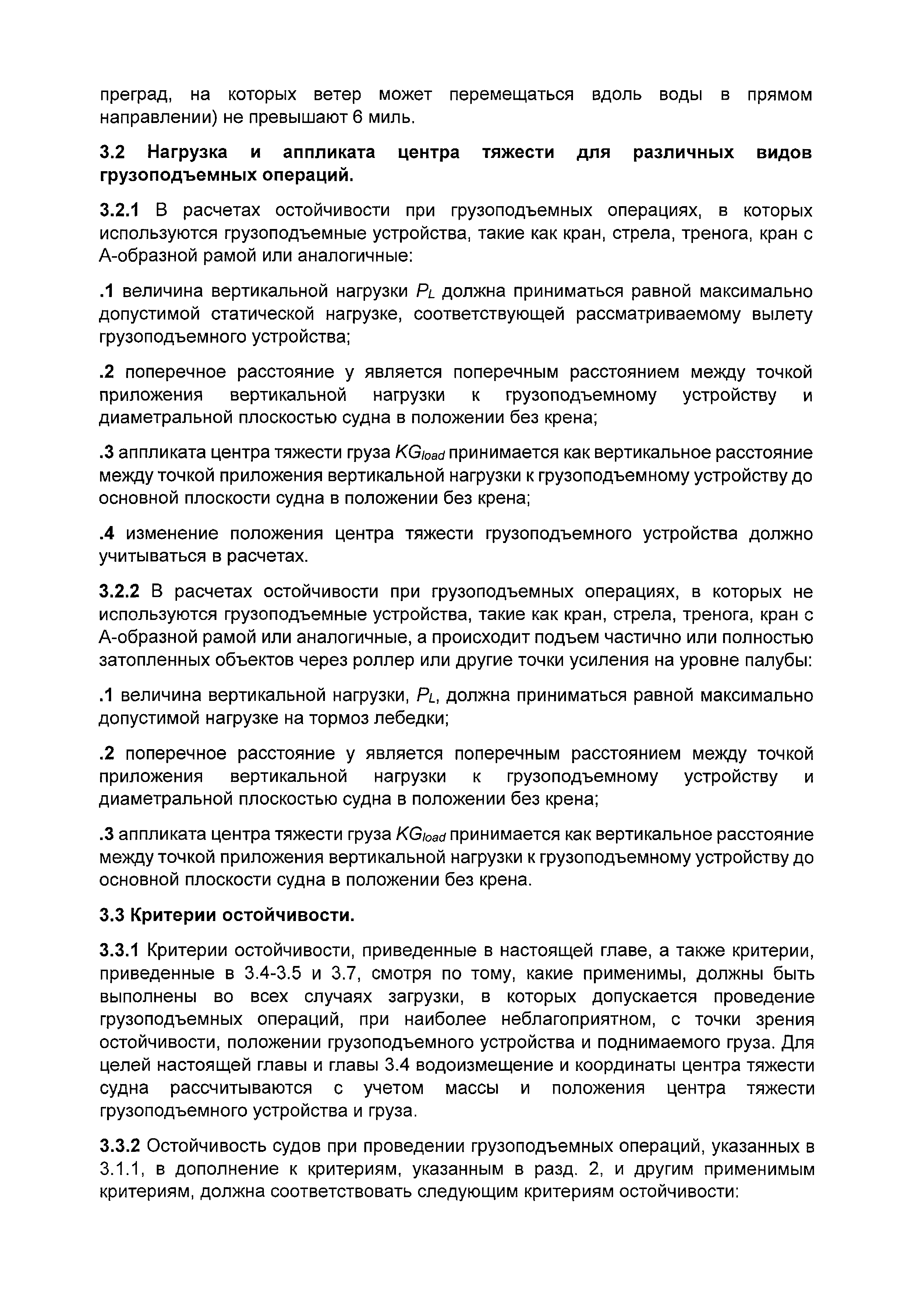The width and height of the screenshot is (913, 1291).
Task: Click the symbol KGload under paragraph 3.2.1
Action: pos(420,453)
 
